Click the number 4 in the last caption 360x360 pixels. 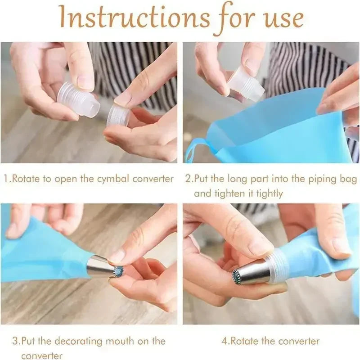click(x=226, y=341)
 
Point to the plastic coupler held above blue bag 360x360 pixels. click(x=246, y=83)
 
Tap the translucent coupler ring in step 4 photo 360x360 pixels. click(x=278, y=265)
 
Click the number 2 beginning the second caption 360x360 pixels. click(x=188, y=179)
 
